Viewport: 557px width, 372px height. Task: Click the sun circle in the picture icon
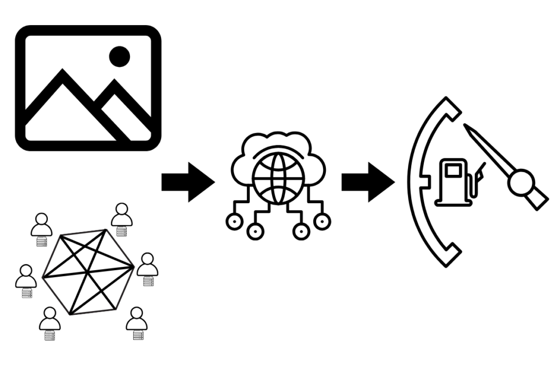coord(120,56)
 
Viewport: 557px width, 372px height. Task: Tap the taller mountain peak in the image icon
coord(63,76)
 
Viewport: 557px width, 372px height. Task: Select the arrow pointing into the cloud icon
coord(188,182)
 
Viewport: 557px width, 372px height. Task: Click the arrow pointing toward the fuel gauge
coord(368,182)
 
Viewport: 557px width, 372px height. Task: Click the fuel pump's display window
coord(453,170)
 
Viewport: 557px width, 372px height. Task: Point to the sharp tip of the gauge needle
coord(466,126)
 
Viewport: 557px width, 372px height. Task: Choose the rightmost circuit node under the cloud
coord(322,221)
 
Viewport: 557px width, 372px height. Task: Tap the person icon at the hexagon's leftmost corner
coord(26,276)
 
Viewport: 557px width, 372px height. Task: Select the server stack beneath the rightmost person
coord(147,282)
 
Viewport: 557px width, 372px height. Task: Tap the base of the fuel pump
coord(453,202)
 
